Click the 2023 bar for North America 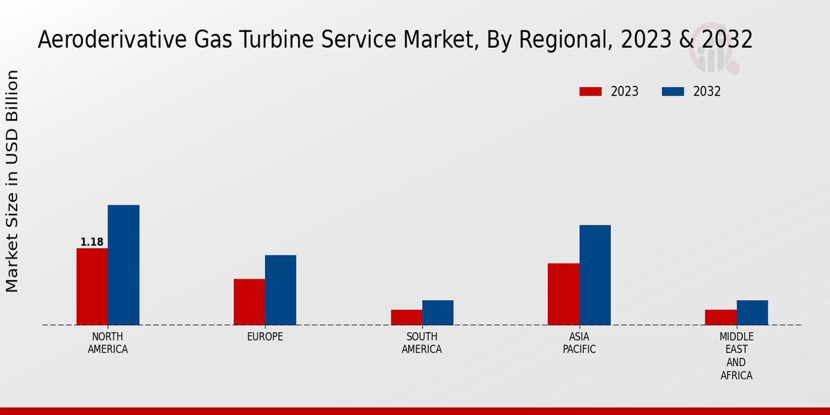(92, 286)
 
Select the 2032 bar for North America (123, 265)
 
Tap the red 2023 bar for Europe (249, 302)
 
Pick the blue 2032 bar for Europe (280, 290)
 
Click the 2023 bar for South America (406, 317)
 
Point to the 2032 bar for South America (438, 313)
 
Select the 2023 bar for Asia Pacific (563, 294)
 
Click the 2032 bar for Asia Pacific (595, 275)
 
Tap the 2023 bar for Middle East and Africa (721, 317)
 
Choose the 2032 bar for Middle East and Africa (752, 313)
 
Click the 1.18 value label (92, 242)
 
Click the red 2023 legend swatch (591, 91)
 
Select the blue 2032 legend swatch (673, 91)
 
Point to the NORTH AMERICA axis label (108, 343)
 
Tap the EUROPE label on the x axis (265, 337)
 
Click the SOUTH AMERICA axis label (422, 343)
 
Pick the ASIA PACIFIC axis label (579, 343)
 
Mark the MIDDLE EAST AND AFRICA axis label (736, 356)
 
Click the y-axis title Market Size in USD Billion (13, 181)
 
